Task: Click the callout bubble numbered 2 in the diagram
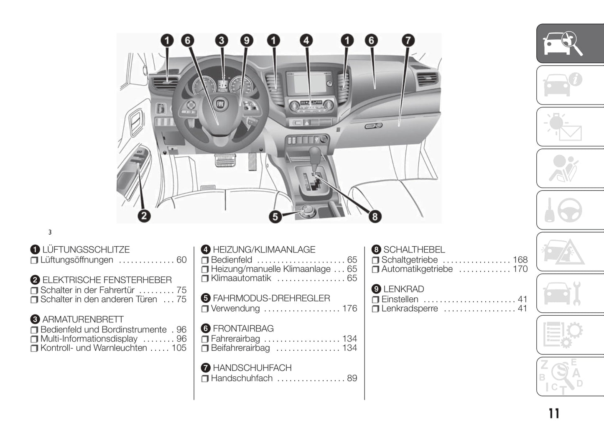point(144,216)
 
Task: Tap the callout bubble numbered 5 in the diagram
point(275,217)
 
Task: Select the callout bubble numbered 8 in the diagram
point(375,217)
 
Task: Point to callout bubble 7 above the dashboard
point(408,41)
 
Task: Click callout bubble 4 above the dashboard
point(306,41)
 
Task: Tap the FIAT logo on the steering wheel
point(221,104)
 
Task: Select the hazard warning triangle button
point(307,123)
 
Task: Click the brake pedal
point(225,160)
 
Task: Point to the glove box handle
point(373,126)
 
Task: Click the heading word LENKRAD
point(404,289)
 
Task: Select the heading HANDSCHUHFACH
point(252,368)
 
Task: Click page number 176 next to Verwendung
point(350,309)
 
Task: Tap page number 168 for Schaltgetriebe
point(520,260)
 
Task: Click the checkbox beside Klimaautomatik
point(205,278)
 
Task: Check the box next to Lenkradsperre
point(375,309)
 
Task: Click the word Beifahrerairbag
point(240,348)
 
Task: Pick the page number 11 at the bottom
point(554,413)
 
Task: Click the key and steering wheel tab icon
point(563,210)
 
